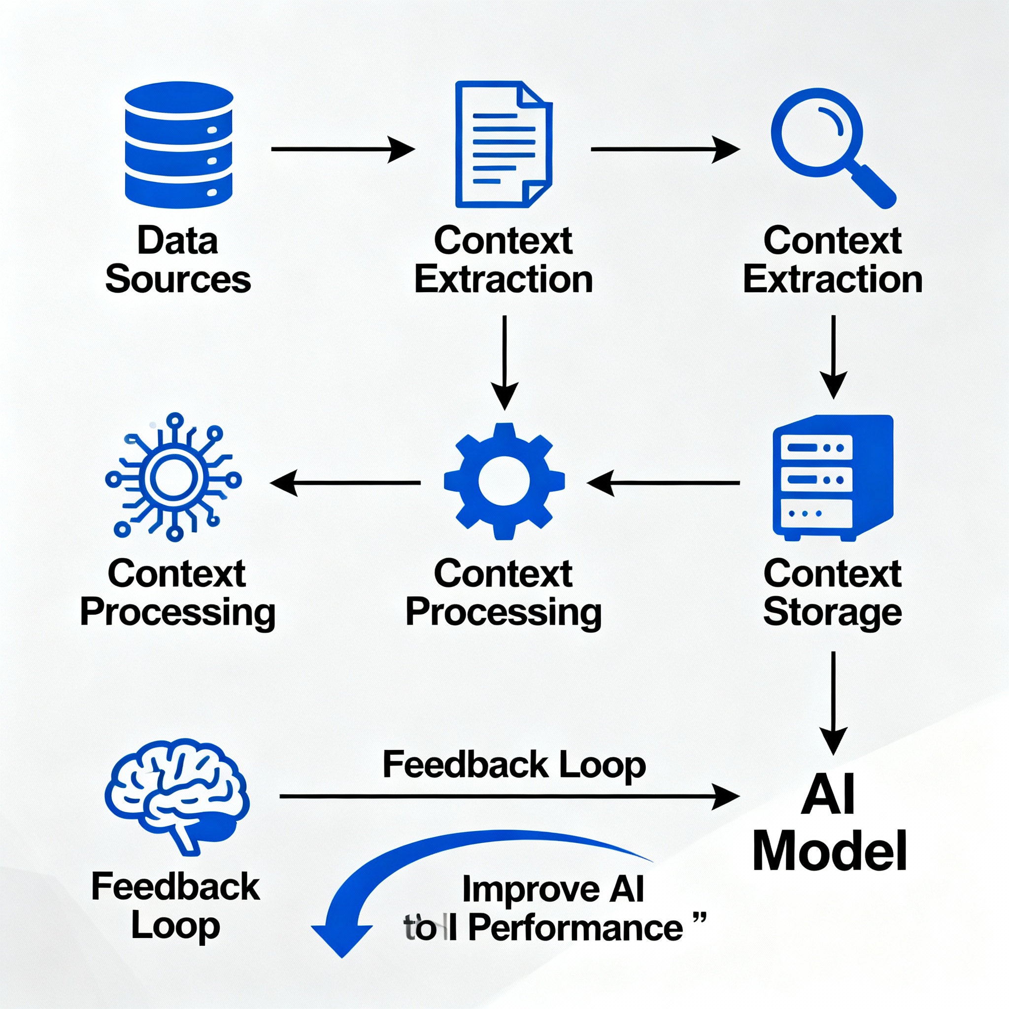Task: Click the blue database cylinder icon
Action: click(179, 145)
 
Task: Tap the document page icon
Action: click(503, 145)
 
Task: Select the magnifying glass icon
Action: click(830, 146)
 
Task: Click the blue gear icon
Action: click(504, 481)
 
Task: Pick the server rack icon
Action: click(832, 478)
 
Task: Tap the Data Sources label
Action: click(178, 260)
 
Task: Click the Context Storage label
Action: click(832, 593)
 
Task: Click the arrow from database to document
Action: click(342, 149)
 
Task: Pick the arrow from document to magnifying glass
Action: click(664, 149)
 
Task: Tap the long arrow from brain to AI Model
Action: click(509, 797)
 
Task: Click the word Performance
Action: click(575, 928)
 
